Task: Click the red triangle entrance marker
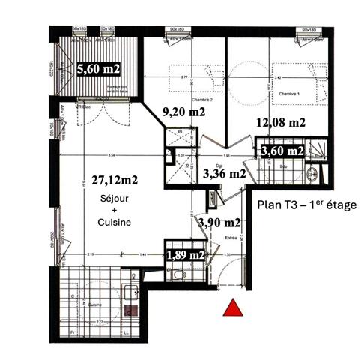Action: coord(234,307)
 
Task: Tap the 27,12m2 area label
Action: coord(110,180)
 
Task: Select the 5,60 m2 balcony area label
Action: coord(98,70)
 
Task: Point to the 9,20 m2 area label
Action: coord(185,113)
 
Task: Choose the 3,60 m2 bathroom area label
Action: coord(281,151)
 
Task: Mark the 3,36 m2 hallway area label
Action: coord(224,173)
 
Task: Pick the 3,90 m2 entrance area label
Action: coord(219,223)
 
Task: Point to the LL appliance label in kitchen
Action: coord(126,330)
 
